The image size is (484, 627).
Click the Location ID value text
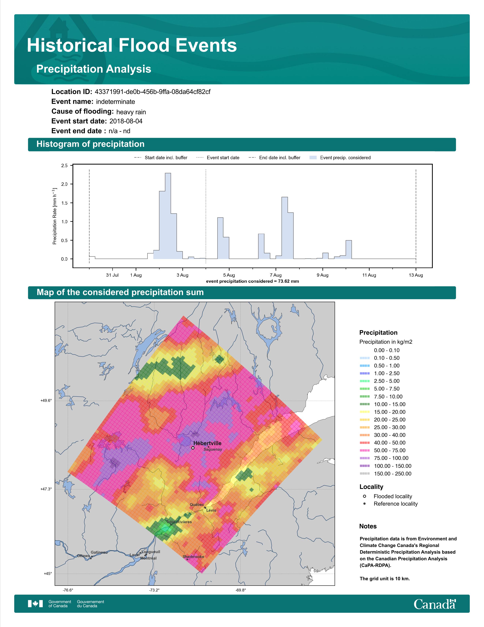click(x=153, y=92)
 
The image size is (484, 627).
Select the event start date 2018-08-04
click(x=126, y=121)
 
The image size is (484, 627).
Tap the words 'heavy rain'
click(x=131, y=112)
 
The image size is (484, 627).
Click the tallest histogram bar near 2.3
click(x=168, y=216)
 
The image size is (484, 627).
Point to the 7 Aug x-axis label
click(x=276, y=275)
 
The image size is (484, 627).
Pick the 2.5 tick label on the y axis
click(x=65, y=166)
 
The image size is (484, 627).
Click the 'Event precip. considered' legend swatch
click(x=313, y=158)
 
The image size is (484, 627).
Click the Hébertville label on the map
click(x=207, y=443)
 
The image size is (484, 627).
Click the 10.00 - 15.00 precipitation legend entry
click(x=382, y=404)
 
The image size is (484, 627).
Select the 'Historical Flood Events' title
click(x=132, y=45)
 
